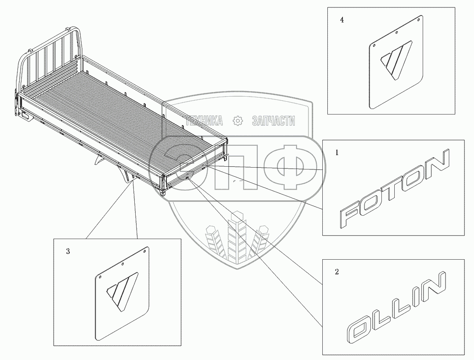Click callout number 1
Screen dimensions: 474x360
pos(337,153)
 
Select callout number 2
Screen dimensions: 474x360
pos(337,272)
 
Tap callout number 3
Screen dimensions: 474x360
pos(68,251)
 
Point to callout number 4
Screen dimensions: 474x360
pos(341,21)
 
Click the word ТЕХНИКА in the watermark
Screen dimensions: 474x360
pos(204,121)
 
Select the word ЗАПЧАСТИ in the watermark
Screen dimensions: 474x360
pos(274,121)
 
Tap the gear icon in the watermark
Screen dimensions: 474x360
pos(237,121)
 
